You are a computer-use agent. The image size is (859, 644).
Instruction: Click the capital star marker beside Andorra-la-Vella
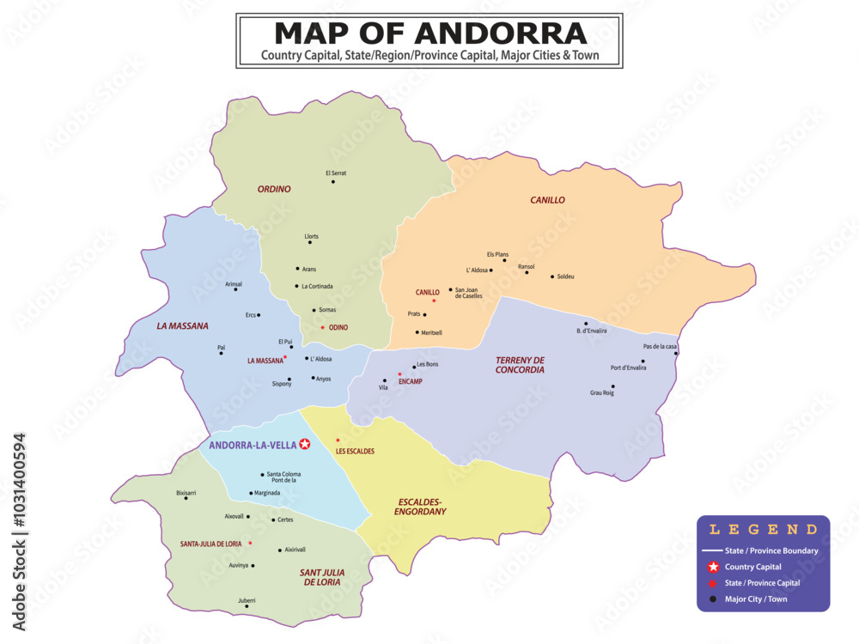[305, 444]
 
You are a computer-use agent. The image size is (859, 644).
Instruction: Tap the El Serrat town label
[336, 173]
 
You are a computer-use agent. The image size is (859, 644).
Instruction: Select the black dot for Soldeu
[552, 276]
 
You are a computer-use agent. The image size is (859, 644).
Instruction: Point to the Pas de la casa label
[660, 346]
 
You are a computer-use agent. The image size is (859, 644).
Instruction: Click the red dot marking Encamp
[399, 374]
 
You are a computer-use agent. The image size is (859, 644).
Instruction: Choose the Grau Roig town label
[602, 392]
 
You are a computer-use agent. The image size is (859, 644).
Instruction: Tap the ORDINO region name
[274, 189]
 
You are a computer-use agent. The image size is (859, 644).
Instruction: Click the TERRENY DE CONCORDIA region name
[520, 365]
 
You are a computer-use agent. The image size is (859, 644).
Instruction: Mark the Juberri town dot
[247, 606]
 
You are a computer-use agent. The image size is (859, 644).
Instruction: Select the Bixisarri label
[186, 493]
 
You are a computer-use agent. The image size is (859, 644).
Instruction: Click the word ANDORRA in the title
[503, 33]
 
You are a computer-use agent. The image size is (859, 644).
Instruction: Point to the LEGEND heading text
[763, 530]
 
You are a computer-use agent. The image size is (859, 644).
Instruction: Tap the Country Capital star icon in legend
[712, 567]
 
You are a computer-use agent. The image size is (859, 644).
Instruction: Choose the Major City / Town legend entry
[755, 599]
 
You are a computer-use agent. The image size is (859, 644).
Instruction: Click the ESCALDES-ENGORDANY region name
[420, 507]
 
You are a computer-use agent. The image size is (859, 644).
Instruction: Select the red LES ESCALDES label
[355, 451]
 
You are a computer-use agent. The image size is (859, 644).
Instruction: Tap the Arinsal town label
[234, 283]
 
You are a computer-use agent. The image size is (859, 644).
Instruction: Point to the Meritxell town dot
[417, 332]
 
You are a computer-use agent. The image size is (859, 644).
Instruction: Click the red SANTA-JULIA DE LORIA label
[210, 544]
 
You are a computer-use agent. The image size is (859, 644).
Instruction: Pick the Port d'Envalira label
[628, 368]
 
